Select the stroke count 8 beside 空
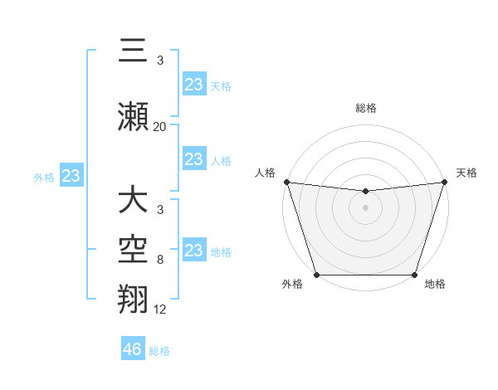click(x=159, y=260)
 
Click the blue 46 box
click(x=133, y=349)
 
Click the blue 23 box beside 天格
click(x=194, y=85)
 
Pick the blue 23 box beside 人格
click(x=194, y=159)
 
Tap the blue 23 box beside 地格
click(x=194, y=251)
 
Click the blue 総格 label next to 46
click(x=159, y=351)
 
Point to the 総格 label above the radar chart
click(x=365, y=108)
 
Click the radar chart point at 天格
click(x=444, y=182)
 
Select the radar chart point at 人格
click(x=286, y=182)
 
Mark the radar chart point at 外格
click(x=316, y=275)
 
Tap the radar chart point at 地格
click(x=414, y=275)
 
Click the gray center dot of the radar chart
click(x=365, y=207)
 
